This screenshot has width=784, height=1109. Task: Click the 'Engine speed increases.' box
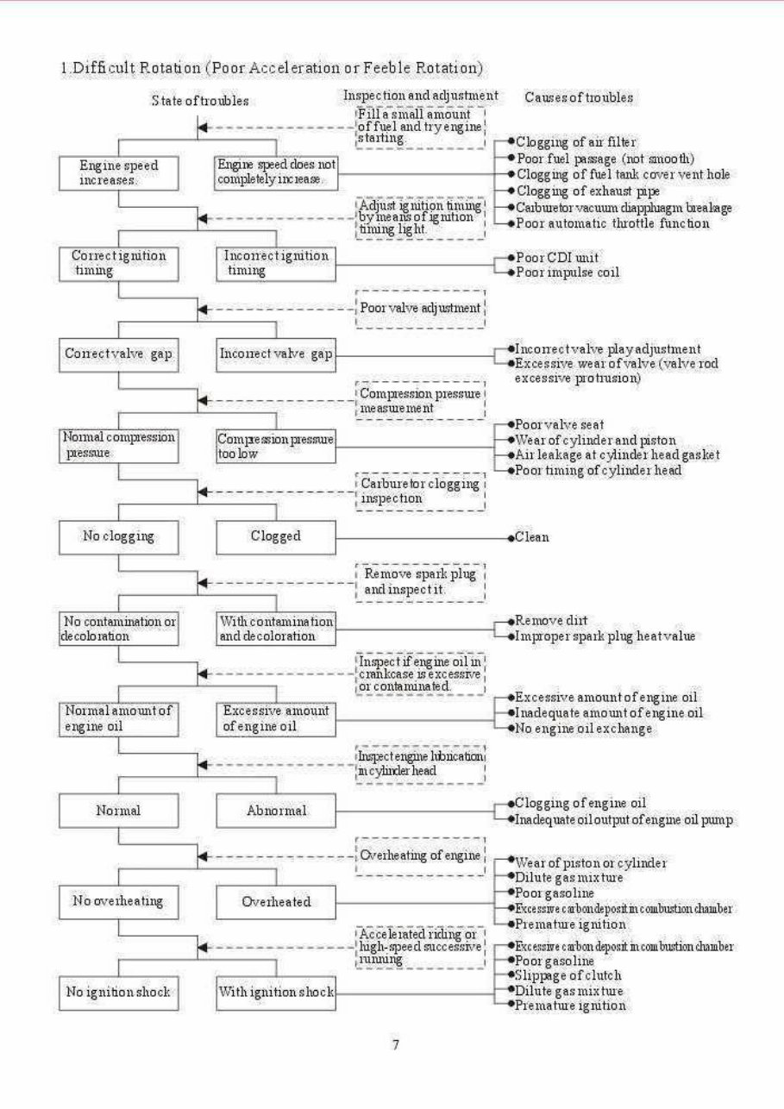tap(118, 172)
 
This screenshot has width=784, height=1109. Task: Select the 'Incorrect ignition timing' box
tap(276, 263)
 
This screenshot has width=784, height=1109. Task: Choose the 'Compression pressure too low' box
tap(276, 445)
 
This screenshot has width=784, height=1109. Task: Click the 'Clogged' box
tap(276, 536)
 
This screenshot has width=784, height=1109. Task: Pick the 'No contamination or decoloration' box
tap(118, 628)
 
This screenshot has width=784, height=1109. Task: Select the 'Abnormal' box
tap(276, 811)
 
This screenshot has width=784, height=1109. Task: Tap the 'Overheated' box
tap(276, 902)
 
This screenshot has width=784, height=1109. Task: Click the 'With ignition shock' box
tap(276, 993)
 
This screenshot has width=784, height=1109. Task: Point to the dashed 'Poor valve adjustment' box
tap(419, 309)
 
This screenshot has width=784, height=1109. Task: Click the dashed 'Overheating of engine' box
tap(419, 855)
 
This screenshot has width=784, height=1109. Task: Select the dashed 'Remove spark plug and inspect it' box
tap(419, 582)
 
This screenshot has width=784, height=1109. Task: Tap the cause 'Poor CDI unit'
tap(559, 256)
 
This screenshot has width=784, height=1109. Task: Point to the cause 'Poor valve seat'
tap(558, 424)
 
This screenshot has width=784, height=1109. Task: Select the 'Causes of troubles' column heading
tap(578, 97)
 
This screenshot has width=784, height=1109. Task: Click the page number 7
tap(395, 1045)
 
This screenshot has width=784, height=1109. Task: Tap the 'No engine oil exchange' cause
tap(583, 729)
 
